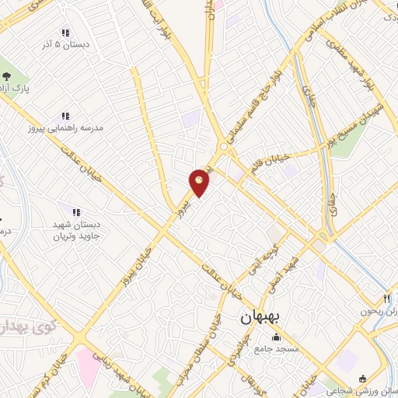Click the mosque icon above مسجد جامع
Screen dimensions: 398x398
pos(278,337)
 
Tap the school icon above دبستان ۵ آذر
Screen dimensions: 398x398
pos(65,33)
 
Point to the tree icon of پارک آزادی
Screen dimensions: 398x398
pos(6,75)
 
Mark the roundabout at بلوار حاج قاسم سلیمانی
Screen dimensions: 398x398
pos(224,146)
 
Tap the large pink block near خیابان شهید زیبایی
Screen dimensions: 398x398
pos(88,366)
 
